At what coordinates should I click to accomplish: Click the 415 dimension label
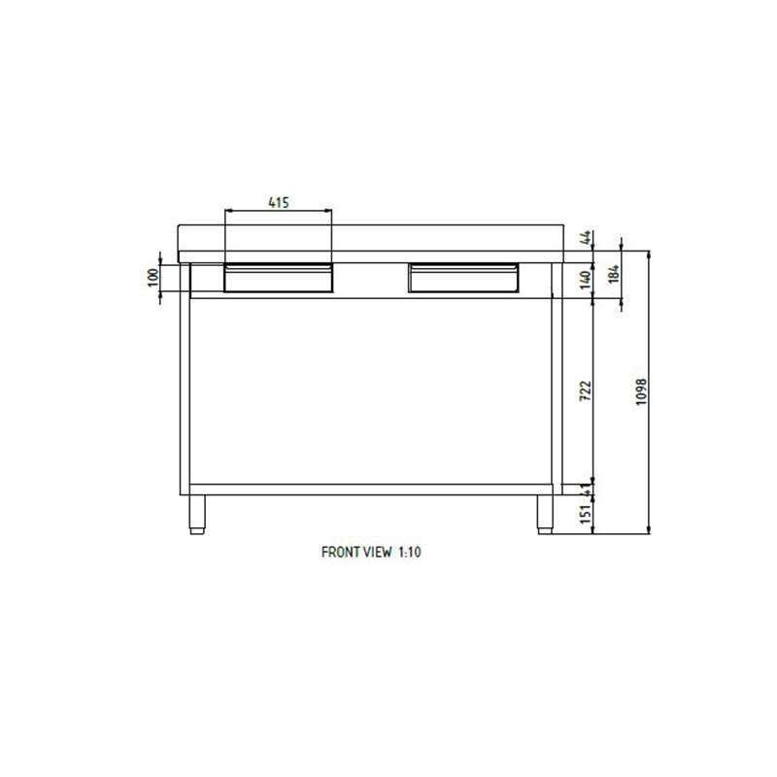[x=279, y=202]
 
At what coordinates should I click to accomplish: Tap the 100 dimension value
[x=153, y=277]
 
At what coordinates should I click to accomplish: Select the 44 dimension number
[x=586, y=237]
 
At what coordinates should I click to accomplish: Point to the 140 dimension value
[x=586, y=280]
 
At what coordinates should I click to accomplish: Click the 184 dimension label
[x=614, y=274]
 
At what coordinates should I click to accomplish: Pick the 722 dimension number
[x=586, y=390]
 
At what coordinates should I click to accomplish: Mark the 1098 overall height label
[x=641, y=392]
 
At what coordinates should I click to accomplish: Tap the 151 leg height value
[x=586, y=514]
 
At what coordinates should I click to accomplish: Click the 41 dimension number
[x=587, y=490]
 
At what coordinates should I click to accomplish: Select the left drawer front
[x=279, y=278]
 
